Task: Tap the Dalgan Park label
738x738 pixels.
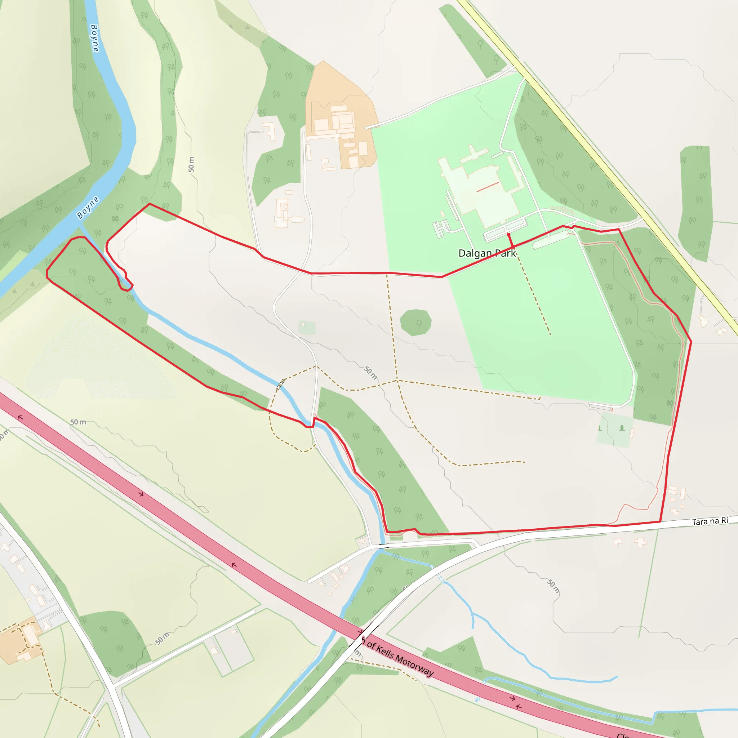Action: point(487,253)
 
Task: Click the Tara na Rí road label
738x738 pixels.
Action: point(710,521)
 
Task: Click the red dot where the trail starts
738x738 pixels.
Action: point(508,234)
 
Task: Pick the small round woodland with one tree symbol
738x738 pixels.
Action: point(415,323)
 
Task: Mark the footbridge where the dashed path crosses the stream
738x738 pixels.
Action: point(281,383)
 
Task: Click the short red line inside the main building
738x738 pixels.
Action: point(488,187)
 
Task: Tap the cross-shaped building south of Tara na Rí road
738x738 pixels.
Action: point(641,542)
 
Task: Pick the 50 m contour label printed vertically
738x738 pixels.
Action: point(191,165)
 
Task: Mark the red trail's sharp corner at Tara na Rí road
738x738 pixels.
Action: point(661,521)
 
